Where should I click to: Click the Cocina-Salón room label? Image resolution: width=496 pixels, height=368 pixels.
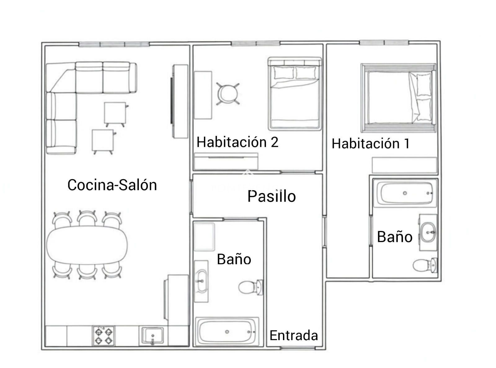[x=112, y=185]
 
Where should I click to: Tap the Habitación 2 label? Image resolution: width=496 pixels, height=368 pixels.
[x=237, y=142]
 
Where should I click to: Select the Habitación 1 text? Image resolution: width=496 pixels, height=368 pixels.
[x=370, y=143]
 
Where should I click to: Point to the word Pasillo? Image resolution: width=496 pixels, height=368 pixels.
[x=272, y=196]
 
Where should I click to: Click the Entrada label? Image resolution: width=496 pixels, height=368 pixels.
[x=294, y=335]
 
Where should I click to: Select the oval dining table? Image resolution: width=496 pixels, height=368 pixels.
[x=87, y=245]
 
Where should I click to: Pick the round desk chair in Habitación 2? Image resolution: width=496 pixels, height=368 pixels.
[x=228, y=94]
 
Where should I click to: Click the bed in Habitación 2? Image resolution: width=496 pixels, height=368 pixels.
[x=295, y=94]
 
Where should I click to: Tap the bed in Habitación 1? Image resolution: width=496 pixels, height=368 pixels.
[x=398, y=98]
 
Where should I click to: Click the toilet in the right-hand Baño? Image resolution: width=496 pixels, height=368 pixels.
[x=425, y=265]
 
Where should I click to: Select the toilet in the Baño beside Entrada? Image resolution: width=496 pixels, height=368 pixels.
[x=251, y=287]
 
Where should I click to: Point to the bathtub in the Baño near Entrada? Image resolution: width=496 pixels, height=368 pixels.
[x=227, y=332]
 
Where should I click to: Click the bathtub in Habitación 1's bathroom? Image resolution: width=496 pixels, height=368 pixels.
[x=405, y=193]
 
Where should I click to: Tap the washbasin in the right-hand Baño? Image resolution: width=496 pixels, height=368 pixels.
[x=428, y=232]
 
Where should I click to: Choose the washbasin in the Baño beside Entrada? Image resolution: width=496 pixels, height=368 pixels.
[x=201, y=281]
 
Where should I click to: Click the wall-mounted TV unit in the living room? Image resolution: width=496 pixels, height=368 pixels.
[x=179, y=101]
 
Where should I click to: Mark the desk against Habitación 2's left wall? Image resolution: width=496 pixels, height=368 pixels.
[x=203, y=95]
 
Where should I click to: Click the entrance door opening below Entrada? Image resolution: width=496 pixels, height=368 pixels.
[x=298, y=348]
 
